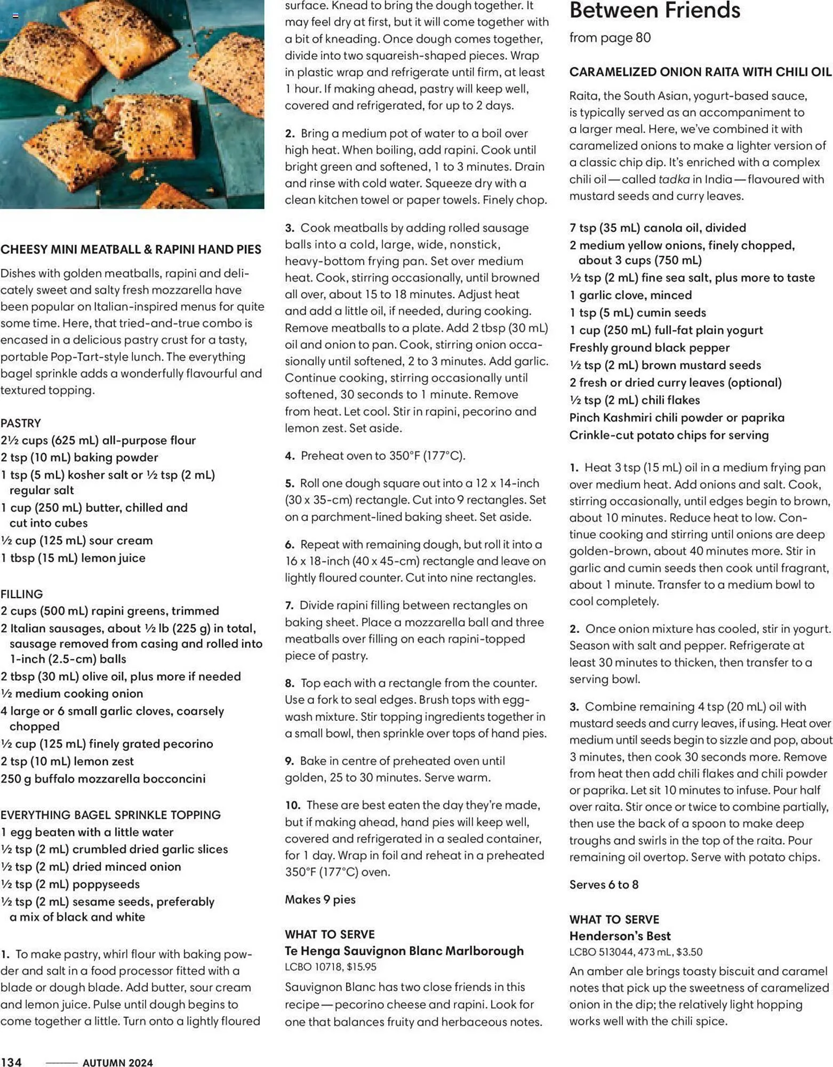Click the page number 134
[x=11, y=1062]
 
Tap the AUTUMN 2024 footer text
[x=117, y=1062]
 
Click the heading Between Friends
[x=654, y=11]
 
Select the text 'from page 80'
[x=610, y=37]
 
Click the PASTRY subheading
[x=21, y=423]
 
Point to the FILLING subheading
[x=21, y=594]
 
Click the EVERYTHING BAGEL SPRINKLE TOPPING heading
[x=110, y=815]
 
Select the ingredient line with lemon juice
[x=73, y=558]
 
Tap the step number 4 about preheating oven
[x=290, y=456]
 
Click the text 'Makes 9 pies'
[x=320, y=899]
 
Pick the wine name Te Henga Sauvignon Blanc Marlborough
[x=404, y=951]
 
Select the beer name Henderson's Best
[x=620, y=936]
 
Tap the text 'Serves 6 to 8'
[x=604, y=885]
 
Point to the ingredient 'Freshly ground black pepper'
[x=649, y=348]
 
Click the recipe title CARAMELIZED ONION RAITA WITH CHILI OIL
[x=700, y=72]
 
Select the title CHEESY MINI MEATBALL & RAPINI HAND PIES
[x=131, y=249]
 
